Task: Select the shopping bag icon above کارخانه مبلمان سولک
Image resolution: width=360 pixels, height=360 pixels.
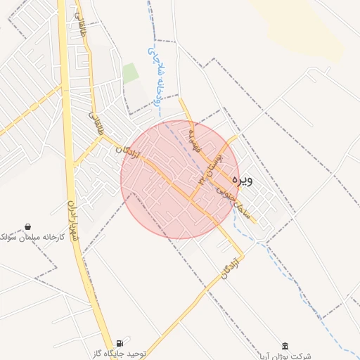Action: point(27,226)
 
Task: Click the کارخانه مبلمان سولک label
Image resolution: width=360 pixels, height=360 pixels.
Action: point(32,237)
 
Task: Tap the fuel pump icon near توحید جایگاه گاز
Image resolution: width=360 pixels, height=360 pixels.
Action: point(120,343)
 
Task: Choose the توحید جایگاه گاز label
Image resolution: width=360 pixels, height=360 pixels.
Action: point(120,353)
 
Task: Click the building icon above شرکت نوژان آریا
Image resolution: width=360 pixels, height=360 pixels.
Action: point(285,346)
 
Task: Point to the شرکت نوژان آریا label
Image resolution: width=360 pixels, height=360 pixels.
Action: point(284,356)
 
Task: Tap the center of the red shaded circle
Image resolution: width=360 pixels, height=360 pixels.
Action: point(180,179)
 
